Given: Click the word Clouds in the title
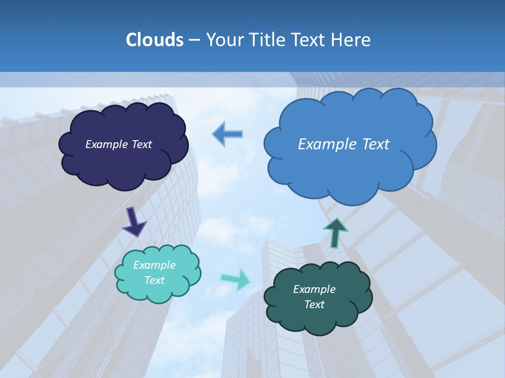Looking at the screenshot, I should (155, 40).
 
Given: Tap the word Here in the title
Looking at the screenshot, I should (351, 40).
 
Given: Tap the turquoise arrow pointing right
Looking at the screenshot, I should (236, 279).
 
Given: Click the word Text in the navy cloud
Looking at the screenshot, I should (142, 144).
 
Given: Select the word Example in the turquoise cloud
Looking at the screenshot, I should (155, 265).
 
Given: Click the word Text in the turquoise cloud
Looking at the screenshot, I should (155, 280).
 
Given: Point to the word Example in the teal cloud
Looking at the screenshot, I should (314, 289).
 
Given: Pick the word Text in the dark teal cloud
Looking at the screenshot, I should (314, 304).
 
